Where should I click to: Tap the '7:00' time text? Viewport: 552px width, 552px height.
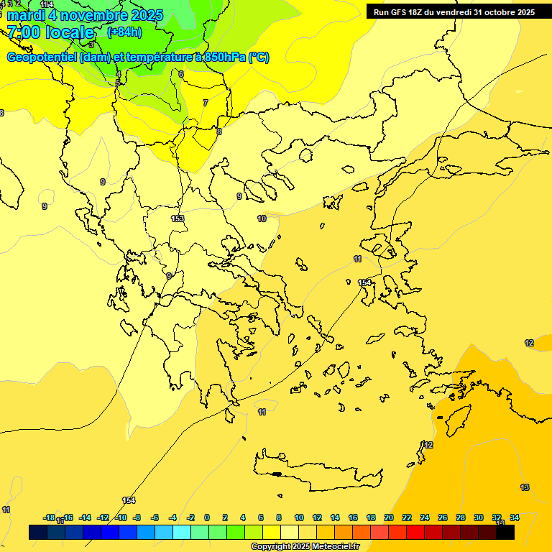(24, 32)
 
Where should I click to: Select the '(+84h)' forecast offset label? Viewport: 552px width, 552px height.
(124, 32)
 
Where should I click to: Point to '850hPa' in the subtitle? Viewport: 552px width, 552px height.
(224, 57)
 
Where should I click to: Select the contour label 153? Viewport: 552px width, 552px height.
(178, 218)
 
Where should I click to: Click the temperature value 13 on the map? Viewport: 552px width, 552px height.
(525, 487)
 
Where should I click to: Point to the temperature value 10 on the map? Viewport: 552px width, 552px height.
(262, 218)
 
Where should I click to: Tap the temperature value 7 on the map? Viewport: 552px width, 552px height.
(205, 103)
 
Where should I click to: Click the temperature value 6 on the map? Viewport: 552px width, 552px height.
(180, 74)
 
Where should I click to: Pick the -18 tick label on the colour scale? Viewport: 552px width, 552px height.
(49, 517)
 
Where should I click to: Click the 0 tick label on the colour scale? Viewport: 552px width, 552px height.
(207, 517)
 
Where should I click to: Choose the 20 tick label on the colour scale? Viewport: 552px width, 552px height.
(389, 517)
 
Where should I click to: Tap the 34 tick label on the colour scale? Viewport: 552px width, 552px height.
(515, 517)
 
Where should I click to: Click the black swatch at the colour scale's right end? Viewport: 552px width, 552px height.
(505, 533)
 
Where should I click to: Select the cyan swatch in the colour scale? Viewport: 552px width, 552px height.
(182, 533)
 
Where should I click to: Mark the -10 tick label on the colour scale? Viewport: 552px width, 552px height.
(121, 517)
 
